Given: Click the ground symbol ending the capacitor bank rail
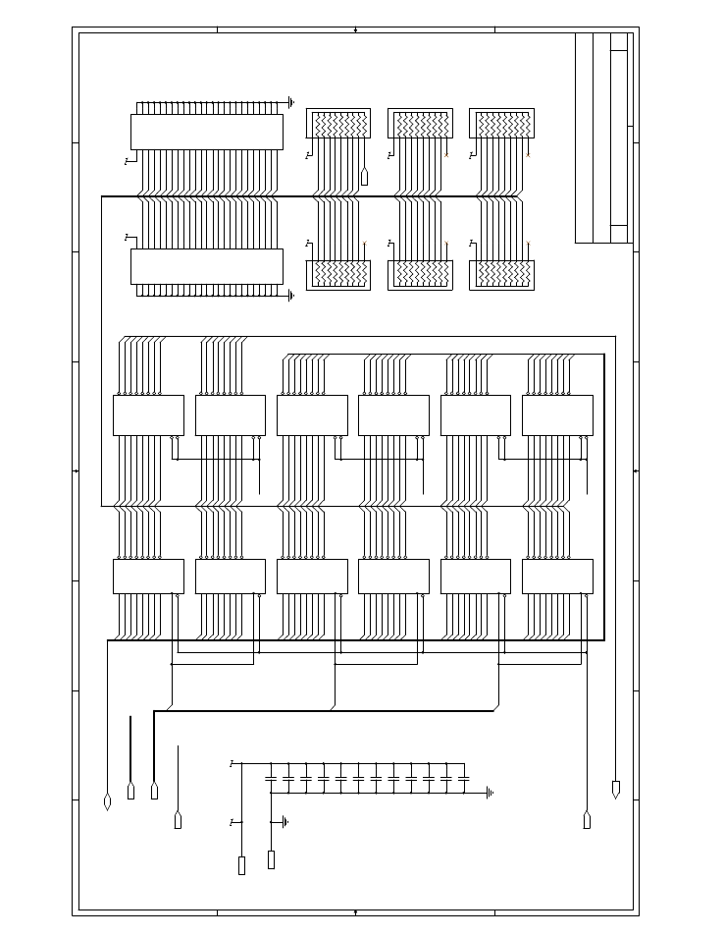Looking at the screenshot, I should point(489,792).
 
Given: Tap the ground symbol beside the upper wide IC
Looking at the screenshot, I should point(291,101).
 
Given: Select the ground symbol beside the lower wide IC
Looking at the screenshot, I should point(291,294).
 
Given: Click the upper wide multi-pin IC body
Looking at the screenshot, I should point(206,132).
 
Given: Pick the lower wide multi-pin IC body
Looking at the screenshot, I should point(206,265).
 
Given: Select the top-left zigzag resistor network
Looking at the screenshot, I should point(338,125).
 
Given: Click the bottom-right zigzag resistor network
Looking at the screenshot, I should point(502,274).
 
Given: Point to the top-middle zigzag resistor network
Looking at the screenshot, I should point(420,125).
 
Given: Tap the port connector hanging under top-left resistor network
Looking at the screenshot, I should point(364,177).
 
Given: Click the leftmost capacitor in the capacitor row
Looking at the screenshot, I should point(271,778).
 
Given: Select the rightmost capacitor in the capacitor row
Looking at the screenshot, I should point(463,778).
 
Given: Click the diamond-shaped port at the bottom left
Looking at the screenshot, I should point(107,802).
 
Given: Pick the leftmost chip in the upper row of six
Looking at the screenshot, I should point(148,414).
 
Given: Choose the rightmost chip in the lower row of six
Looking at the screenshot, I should point(557,577).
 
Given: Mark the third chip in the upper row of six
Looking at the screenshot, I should point(312,414).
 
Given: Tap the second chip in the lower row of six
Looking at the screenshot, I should point(231,577).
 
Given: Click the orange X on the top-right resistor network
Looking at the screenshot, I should point(528,155).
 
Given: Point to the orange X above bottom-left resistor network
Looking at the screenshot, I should point(364,243).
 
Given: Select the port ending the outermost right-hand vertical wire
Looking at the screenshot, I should point(615,790).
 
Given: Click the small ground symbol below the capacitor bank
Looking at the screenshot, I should point(284,821).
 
